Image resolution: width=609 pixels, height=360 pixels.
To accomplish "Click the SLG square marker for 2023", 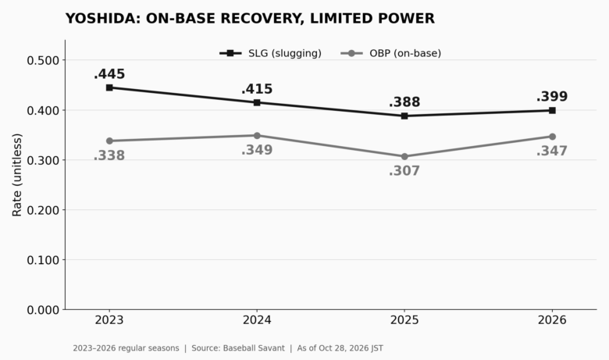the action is [x=109, y=87].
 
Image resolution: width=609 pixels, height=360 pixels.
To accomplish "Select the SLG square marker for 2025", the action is [x=404, y=116].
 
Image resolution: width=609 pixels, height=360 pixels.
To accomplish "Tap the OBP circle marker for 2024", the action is [x=257, y=136].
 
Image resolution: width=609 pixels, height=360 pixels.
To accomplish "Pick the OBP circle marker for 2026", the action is [x=552, y=137].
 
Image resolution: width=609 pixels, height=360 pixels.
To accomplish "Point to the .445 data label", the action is [x=109, y=73].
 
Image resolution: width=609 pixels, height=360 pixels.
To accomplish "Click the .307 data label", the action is [x=404, y=171].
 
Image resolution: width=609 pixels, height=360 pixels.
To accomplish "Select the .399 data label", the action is [x=552, y=96].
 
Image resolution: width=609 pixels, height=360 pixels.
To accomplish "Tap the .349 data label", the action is [x=257, y=150].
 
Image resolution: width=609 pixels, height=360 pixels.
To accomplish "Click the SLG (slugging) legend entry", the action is [x=271, y=53].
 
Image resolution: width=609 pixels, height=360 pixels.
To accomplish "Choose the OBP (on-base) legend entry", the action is [x=391, y=53].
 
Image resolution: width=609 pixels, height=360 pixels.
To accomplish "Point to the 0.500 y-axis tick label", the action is [x=43, y=61].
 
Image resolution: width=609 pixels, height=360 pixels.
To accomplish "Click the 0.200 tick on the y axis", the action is [x=43, y=211].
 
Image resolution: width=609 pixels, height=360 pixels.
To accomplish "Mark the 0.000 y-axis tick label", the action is [x=43, y=310].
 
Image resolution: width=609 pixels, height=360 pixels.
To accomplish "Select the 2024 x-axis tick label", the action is [x=257, y=320].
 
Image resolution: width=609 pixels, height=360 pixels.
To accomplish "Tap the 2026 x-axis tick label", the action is [x=552, y=320].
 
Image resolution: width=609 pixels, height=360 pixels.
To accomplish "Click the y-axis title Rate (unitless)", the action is [x=17, y=175].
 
